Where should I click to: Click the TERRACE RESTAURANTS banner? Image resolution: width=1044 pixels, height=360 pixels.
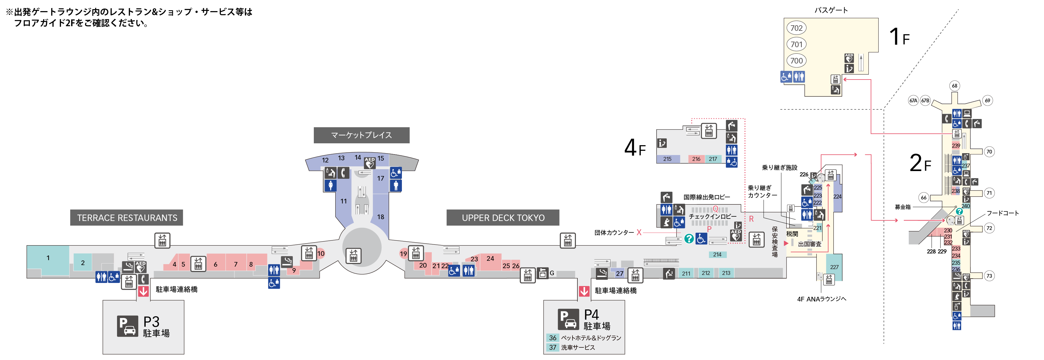[x=127, y=218]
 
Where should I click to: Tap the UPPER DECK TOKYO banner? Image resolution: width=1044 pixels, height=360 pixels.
[x=503, y=218]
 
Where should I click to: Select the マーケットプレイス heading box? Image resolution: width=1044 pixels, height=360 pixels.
[x=361, y=135]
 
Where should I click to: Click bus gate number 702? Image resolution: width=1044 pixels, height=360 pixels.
[x=796, y=28]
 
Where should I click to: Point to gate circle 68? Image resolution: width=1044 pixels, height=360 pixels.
[x=954, y=86]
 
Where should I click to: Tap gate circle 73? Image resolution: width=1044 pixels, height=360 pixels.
[x=989, y=276]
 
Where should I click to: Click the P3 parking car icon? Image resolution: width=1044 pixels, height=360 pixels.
[x=128, y=326]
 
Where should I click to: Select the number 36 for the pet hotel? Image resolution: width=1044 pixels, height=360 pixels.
[x=552, y=338]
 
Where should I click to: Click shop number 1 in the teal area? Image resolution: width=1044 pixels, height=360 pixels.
[x=48, y=258]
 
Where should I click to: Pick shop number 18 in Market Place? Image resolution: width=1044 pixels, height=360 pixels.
[x=381, y=217]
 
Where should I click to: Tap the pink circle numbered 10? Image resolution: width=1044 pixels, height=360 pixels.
[x=321, y=253]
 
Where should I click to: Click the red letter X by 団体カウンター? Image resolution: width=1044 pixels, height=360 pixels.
[x=639, y=232]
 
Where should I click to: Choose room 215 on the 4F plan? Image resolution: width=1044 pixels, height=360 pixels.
[x=667, y=159]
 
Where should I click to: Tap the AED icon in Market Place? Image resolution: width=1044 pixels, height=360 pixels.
[x=369, y=162]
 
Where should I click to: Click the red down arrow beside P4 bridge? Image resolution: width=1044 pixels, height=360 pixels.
[x=584, y=291]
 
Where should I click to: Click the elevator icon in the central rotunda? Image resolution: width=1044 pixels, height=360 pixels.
[x=354, y=256]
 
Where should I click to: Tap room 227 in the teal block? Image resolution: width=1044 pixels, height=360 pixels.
[x=834, y=267]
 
